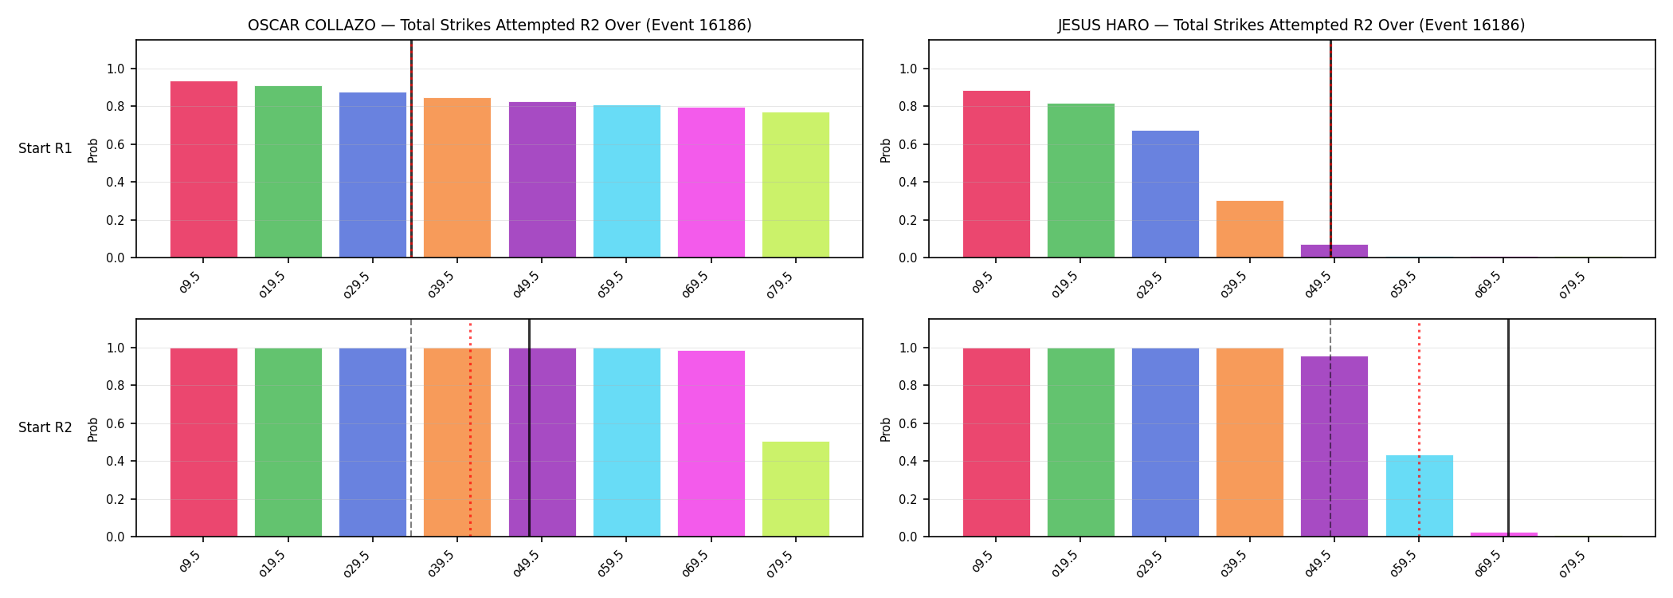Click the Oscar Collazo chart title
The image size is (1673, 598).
(x=500, y=25)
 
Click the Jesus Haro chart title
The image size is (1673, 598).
(x=1291, y=25)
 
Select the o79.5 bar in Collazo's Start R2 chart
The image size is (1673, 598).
(x=796, y=489)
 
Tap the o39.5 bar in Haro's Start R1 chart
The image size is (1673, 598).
(x=1249, y=229)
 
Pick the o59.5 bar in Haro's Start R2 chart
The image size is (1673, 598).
(x=1419, y=496)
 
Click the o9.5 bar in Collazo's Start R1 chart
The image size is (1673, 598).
(x=204, y=169)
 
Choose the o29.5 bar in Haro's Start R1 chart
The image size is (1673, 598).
(x=1165, y=194)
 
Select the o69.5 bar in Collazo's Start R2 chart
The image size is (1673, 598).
(x=711, y=443)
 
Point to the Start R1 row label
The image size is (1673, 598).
(x=45, y=148)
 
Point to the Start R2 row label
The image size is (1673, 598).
(x=45, y=427)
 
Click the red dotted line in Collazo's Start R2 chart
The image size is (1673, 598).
(x=470, y=430)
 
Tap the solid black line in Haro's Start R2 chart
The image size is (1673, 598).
(x=1508, y=427)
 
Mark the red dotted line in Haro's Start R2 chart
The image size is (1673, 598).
(x=1419, y=430)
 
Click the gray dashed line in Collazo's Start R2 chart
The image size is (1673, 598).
(x=411, y=427)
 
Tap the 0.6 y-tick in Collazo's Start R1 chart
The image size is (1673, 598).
(x=116, y=144)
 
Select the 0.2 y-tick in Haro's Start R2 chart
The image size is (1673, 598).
(x=908, y=500)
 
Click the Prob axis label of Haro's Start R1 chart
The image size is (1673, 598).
(x=886, y=150)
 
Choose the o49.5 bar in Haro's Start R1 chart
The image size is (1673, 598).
(x=1334, y=251)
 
